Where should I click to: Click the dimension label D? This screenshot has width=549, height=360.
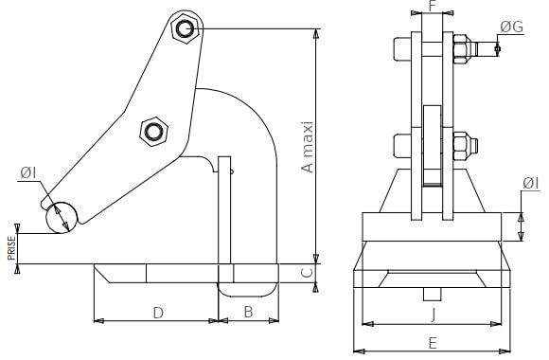pyautogui.click(x=158, y=313)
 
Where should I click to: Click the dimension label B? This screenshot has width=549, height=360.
pyautogui.click(x=248, y=312)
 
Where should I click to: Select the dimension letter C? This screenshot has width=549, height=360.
pyautogui.click(x=307, y=272)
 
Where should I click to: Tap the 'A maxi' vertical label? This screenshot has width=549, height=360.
pyautogui.click(x=307, y=147)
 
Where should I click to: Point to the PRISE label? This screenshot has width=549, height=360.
pyautogui.click(x=12, y=248)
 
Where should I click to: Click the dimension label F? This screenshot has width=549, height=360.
pyautogui.click(x=432, y=6)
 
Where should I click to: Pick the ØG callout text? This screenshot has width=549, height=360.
pyautogui.click(x=511, y=27)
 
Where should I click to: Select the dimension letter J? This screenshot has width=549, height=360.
pyautogui.click(x=434, y=315)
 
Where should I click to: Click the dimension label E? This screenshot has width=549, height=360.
pyautogui.click(x=433, y=343)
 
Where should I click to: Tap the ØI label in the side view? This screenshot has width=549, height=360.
pyautogui.click(x=28, y=172)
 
